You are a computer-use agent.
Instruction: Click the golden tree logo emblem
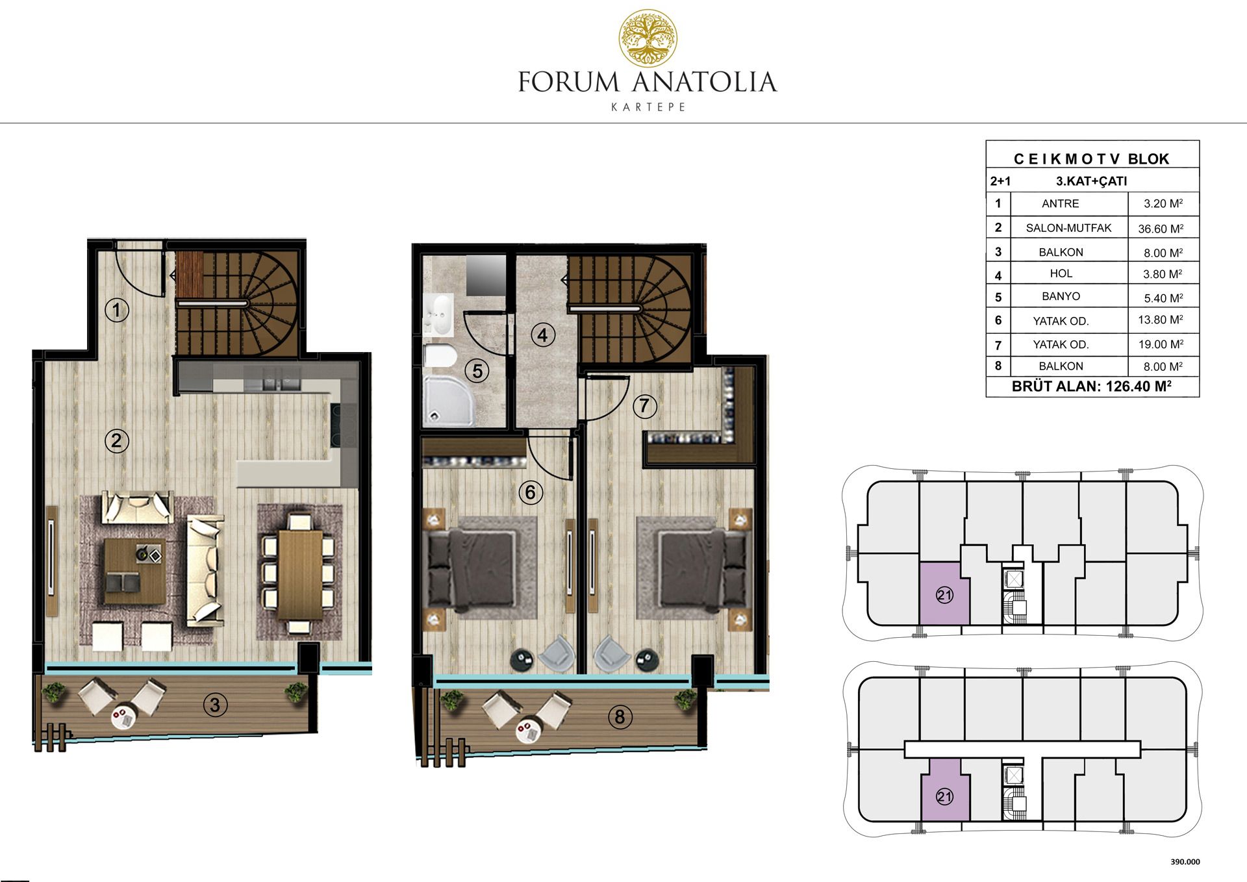648,38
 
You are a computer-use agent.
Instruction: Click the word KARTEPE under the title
648,107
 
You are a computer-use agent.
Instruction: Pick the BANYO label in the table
1061,296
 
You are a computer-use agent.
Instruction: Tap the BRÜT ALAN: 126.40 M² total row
1092,386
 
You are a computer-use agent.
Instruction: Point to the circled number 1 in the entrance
117,310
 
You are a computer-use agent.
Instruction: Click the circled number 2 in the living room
117,441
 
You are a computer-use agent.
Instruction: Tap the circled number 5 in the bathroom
477,371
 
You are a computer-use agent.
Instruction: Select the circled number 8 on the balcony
620,717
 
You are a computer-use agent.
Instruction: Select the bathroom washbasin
440,315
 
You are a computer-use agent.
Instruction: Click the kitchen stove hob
344,425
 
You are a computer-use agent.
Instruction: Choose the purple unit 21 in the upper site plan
944,594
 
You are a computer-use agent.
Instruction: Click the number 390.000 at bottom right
1185,862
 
